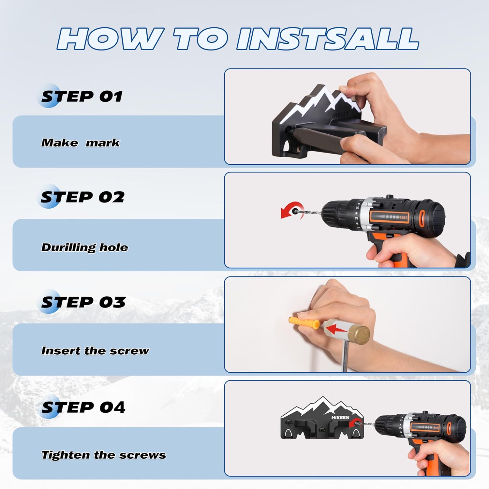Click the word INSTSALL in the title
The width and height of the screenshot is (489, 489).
(x=328, y=39)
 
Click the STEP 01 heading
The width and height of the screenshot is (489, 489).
(x=82, y=96)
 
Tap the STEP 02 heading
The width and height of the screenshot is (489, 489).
(x=82, y=197)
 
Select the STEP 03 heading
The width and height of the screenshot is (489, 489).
(x=83, y=302)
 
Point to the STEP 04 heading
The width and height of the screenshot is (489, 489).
(x=83, y=407)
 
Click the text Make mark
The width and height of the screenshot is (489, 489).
(x=81, y=143)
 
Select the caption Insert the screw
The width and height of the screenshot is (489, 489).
(x=95, y=351)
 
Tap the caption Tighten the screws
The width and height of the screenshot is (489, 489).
(x=104, y=455)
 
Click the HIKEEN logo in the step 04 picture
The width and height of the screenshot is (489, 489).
(x=340, y=417)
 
